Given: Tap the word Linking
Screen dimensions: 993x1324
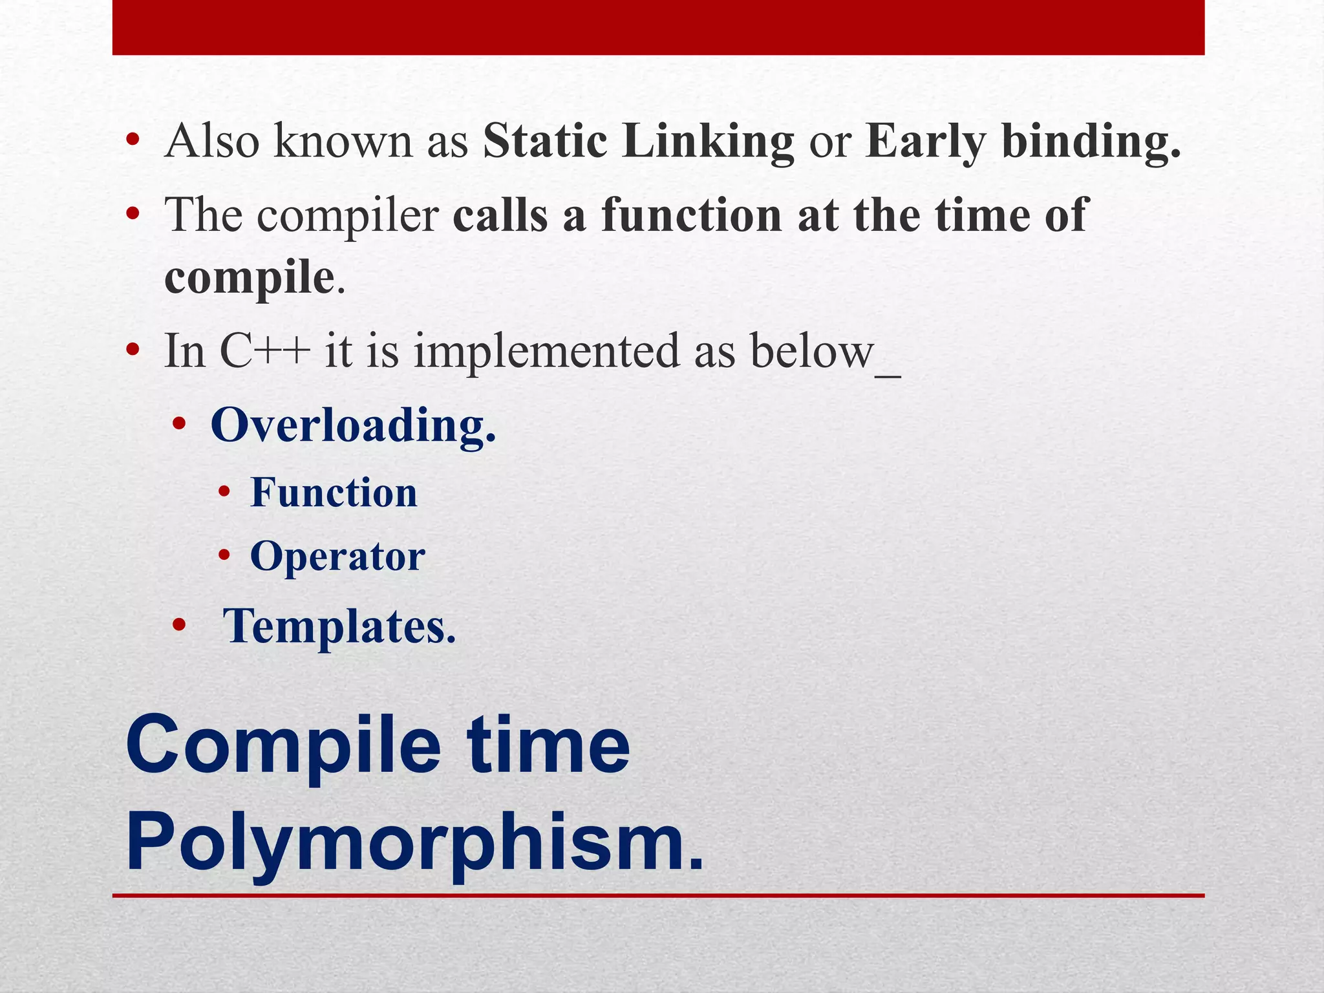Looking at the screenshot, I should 707,142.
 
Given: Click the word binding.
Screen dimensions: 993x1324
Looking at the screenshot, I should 1091,142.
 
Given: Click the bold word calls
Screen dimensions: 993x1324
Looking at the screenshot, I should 500,215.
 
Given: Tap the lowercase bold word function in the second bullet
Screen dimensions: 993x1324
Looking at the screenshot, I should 691,215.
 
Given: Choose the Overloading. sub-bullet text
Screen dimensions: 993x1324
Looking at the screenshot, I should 353,426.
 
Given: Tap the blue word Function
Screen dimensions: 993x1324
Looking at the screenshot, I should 334,493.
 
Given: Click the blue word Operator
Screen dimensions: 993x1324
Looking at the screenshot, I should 337,557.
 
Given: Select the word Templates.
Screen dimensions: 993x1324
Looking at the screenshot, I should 339,627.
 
